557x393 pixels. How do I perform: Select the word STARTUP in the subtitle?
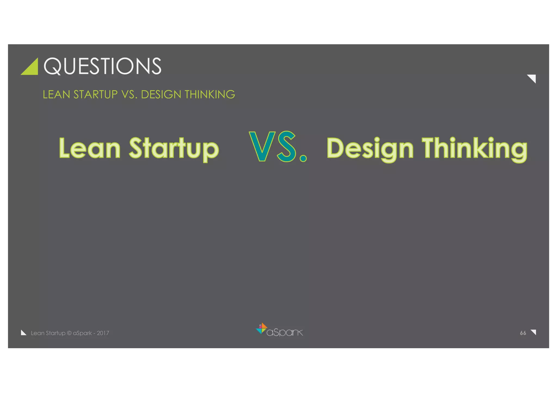click(95, 95)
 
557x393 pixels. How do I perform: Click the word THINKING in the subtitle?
click(210, 95)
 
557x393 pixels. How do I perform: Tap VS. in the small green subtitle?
click(129, 95)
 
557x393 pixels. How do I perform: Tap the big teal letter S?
click(287, 147)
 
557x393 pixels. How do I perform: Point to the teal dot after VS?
click(303, 158)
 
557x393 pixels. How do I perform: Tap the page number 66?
click(523, 333)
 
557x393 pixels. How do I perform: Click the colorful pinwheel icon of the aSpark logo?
click(262, 328)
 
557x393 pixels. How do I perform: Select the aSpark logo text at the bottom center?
click(284, 332)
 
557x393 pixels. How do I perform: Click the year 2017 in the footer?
click(103, 333)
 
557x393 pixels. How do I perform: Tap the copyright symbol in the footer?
click(69, 333)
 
